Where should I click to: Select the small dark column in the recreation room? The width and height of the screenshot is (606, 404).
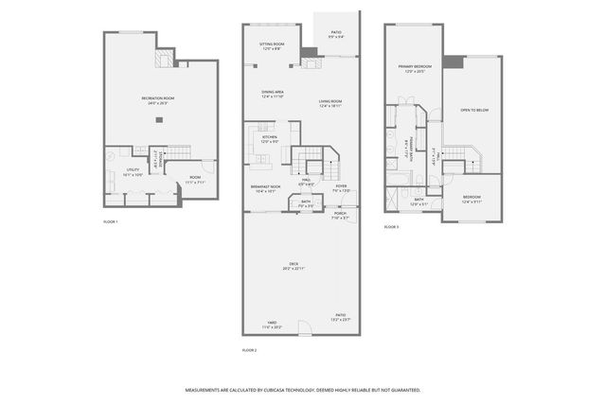159,119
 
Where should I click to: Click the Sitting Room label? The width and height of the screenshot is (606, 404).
273,44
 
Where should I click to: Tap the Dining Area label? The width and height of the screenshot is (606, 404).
273,93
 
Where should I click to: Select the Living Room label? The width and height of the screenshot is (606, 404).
330,103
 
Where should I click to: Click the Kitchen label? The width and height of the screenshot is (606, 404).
269,139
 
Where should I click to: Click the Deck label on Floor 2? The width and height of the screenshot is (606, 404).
293,266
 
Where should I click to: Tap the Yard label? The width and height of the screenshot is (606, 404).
272,325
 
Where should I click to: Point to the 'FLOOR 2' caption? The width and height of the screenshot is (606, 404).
250,350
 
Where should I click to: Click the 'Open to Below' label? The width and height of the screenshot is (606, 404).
473,110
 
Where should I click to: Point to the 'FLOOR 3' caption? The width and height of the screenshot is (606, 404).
391,228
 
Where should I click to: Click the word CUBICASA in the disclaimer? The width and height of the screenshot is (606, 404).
284,389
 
